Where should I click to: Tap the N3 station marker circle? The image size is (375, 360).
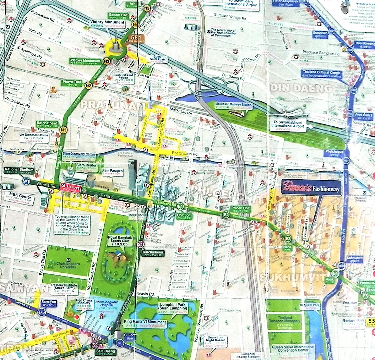tap(106, 61)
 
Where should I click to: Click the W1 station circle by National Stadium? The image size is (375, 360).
tap(26, 181)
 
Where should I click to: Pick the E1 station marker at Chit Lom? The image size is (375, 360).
tap(180, 206)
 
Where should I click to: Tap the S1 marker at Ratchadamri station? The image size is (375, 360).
tap(141, 244)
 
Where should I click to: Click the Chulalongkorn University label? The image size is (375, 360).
tap(68, 264)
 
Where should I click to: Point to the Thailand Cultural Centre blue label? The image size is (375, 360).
tap(321, 74)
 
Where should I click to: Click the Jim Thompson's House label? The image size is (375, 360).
tap(34, 137)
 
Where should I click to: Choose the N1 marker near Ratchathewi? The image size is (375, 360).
tap(64, 130)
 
